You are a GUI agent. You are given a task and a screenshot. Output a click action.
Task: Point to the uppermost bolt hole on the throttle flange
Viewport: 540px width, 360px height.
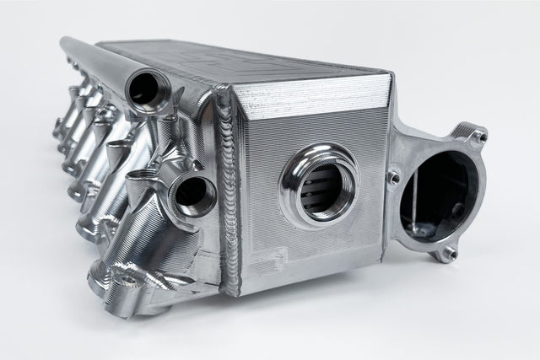point(479,135)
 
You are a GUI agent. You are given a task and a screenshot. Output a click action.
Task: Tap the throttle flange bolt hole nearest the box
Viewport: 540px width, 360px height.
point(392,176)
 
